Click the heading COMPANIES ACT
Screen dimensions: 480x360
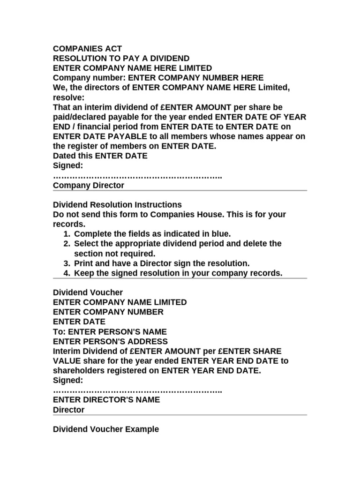click(88, 49)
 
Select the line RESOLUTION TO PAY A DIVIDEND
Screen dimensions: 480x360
click(121, 59)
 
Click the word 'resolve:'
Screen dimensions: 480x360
click(68, 97)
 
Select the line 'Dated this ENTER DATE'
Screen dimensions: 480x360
click(100, 156)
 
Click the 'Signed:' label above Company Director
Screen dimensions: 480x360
click(68, 166)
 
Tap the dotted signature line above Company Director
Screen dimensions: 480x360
click(137, 176)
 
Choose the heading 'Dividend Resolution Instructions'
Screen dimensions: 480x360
click(117, 205)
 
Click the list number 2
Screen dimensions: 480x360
click(66, 244)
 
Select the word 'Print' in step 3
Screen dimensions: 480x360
click(84, 263)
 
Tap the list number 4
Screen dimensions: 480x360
click(66, 273)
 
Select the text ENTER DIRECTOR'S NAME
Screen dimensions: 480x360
click(106, 400)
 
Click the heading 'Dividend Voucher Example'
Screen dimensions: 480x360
click(106, 429)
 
